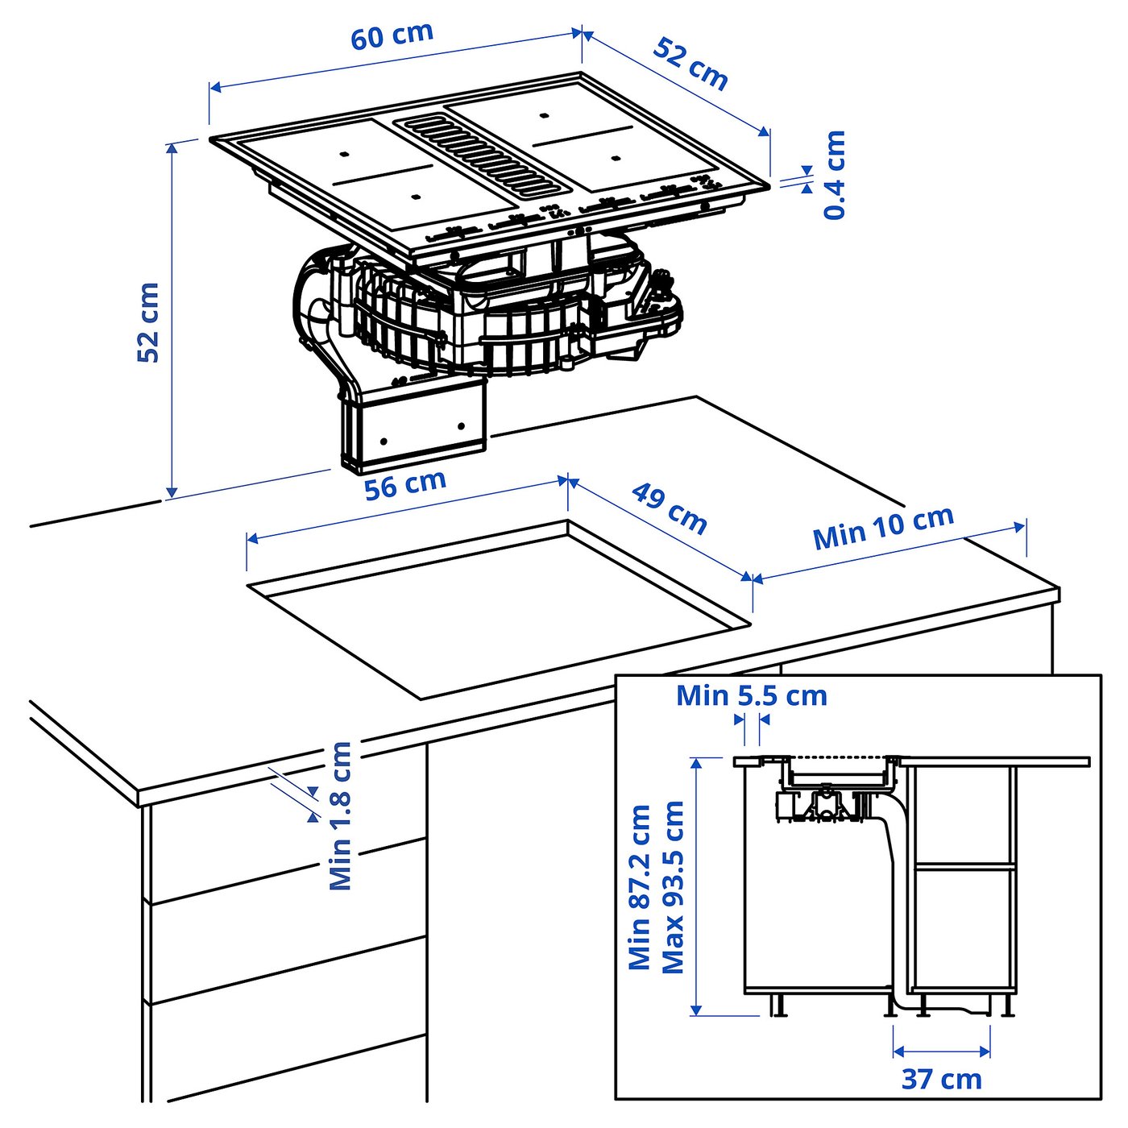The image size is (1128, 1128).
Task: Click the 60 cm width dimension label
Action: click(x=392, y=36)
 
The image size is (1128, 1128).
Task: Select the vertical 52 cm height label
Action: click(x=148, y=322)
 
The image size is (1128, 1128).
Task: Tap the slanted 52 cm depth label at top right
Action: click(x=690, y=63)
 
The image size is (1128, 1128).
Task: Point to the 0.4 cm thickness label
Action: click(x=835, y=175)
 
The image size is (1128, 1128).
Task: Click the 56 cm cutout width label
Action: click(x=404, y=485)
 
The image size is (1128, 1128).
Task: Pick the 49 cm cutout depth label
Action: click(x=670, y=508)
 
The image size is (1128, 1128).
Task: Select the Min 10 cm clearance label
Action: click(x=883, y=528)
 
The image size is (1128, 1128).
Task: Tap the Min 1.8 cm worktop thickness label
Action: click(x=341, y=815)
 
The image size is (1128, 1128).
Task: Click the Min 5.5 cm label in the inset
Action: click(x=751, y=695)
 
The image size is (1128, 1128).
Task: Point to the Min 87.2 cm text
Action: click(x=640, y=886)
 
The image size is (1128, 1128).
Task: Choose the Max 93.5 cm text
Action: click(x=673, y=886)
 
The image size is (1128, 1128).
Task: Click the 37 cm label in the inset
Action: click(x=941, y=1079)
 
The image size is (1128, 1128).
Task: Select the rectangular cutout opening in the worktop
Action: click(x=500, y=612)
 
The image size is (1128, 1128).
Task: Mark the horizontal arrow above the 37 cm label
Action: click(x=941, y=1051)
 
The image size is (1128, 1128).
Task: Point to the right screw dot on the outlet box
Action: click(x=461, y=426)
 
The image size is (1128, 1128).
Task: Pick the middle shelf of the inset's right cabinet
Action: click(x=964, y=866)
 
